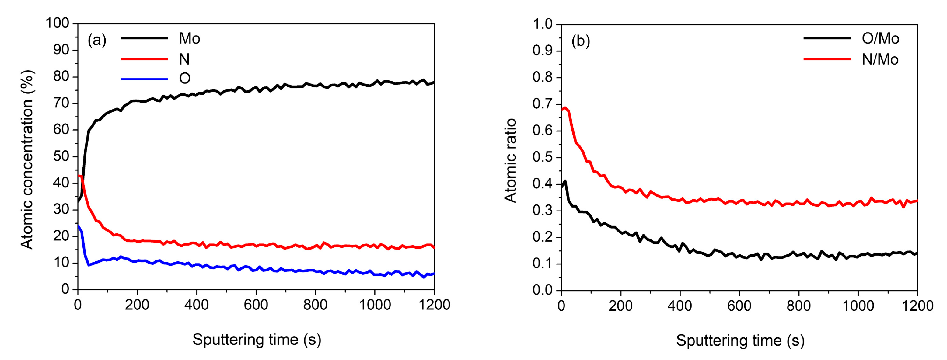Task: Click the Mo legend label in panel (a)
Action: (189, 39)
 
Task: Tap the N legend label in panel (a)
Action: (184, 59)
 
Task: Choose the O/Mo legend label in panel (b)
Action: (880, 39)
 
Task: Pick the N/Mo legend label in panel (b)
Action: (880, 59)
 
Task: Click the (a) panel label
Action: (97, 40)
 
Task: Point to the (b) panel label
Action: (581, 41)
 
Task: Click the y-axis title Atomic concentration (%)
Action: (28, 159)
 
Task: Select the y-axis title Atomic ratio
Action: (511, 161)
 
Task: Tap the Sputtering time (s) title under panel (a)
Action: (257, 339)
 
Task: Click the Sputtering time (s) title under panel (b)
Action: (740, 341)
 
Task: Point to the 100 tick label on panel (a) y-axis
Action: (57, 23)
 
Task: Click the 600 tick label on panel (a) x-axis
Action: (256, 305)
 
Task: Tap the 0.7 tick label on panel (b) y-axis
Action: (543, 104)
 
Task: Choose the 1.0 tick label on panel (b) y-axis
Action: (543, 24)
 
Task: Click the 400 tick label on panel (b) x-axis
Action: (680, 306)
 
